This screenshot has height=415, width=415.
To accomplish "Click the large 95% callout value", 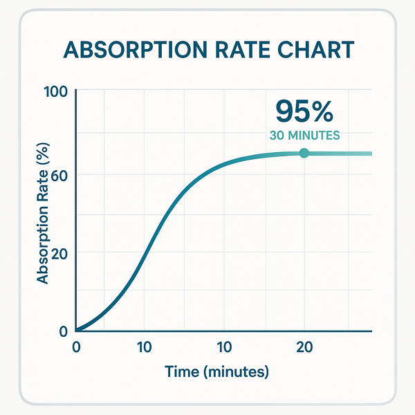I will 304,110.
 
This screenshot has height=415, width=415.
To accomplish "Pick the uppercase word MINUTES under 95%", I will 315,136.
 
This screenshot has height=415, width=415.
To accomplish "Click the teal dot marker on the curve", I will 304,153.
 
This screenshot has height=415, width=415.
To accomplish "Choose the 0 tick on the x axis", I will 76,346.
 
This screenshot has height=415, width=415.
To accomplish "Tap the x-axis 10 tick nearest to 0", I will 144,346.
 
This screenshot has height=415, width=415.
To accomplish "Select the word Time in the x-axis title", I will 182,372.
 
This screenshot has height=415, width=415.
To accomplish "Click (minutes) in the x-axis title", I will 234,372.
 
